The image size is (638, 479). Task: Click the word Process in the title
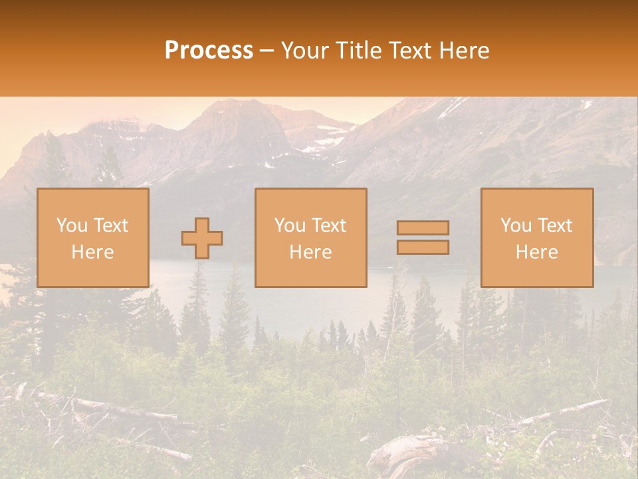click(209, 51)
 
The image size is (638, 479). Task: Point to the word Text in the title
click(409, 51)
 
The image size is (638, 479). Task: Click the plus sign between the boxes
click(202, 238)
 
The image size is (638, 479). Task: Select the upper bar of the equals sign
click(423, 228)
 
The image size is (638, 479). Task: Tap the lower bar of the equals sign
click(423, 247)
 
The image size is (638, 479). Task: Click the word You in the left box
click(71, 226)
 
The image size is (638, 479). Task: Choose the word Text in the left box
click(110, 226)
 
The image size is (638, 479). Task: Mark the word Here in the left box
click(92, 252)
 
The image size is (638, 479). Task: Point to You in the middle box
click(289, 226)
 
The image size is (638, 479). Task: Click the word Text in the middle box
click(328, 226)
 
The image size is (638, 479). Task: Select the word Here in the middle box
click(310, 252)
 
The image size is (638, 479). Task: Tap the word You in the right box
click(515, 226)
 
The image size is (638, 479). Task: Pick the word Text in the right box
click(554, 226)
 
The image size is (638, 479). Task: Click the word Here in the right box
click(536, 252)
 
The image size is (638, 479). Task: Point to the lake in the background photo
click(312, 299)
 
